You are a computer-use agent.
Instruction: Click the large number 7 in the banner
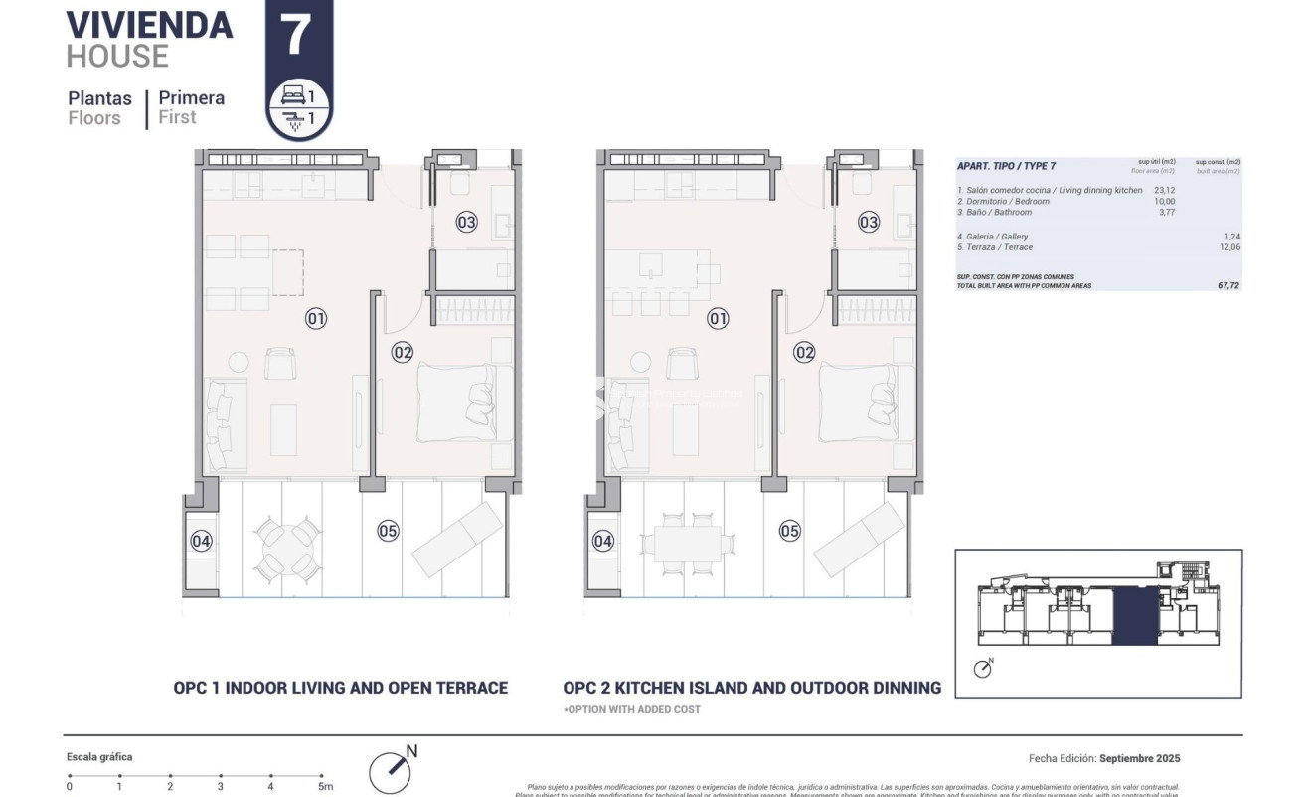(298, 35)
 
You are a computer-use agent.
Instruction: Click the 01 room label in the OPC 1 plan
(316, 319)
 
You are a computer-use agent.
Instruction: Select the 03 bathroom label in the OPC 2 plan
(869, 222)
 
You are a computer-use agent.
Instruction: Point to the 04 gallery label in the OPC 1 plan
(202, 541)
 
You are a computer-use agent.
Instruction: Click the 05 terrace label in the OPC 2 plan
(789, 531)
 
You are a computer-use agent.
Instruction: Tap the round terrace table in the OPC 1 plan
(288, 550)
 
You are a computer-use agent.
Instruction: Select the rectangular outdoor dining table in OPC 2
(687, 544)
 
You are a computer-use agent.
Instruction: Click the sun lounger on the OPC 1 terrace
(457, 539)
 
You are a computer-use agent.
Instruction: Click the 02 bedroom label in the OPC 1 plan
(403, 351)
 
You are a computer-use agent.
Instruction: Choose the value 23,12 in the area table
(1164, 190)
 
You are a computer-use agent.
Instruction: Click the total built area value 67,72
(1227, 285)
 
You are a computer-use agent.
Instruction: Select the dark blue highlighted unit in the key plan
(1135, 616)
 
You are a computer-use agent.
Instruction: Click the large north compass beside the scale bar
(390, 772)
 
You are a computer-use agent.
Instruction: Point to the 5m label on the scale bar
(324, 787)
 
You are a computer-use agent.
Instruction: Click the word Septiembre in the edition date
(1140, 758)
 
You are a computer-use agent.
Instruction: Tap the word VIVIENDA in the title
(149, 25)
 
